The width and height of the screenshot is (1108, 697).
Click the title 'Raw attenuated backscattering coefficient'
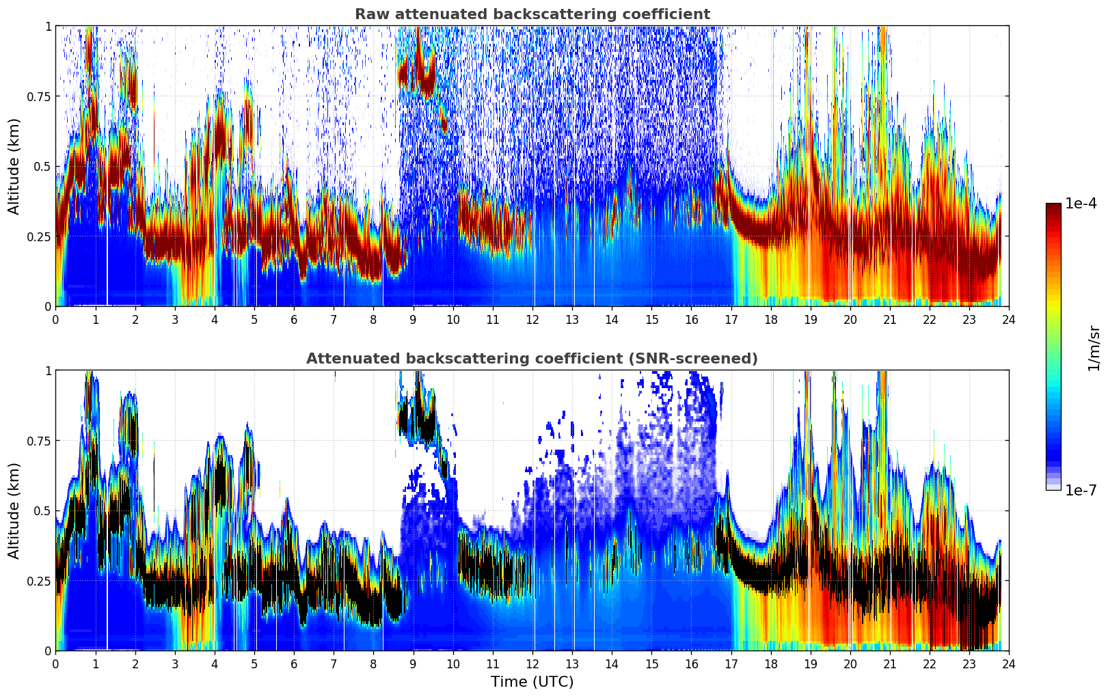tap(532, 14)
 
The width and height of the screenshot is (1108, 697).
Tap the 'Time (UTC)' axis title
tap(532, 682)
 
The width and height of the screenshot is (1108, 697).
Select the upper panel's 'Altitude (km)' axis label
tap(14, 166)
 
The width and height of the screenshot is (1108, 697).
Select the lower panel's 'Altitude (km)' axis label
tap(14, 510)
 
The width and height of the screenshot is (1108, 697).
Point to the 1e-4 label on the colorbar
tap(1081, 204)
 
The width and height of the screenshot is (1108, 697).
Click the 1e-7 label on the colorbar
tap(1081, 490)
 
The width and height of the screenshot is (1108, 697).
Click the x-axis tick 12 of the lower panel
tap(532, 664)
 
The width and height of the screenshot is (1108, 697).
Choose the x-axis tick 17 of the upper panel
tap(731, 319)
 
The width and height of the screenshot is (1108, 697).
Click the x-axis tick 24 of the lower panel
tap(1009, 664)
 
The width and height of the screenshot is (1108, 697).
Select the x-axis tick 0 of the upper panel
tap(55, 319)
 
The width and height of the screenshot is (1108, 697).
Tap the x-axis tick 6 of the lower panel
tap(294, 664)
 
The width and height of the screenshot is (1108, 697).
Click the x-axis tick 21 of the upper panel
tap(889, 319)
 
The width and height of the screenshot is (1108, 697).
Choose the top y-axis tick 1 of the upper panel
tap(48, 26)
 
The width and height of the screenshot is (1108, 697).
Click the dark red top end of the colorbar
tap(1053, 207)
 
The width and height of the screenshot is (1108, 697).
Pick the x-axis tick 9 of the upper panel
tap(413, 319)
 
